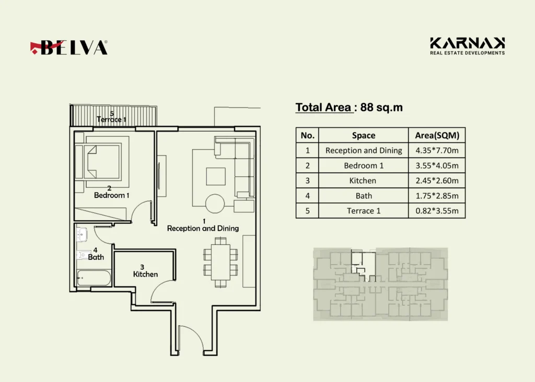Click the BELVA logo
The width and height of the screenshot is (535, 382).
click(x=68, y=47)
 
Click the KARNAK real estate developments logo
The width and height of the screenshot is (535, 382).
click(x=467, y=46)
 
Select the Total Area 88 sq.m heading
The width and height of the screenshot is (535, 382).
click(x=349, y=108)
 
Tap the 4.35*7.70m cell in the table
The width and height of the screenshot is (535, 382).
click(x=437, y=150)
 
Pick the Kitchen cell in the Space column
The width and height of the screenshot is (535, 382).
click(x=363, y=181)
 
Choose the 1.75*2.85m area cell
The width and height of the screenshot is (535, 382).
click(x=437, y=196)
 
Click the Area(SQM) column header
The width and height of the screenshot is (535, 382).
click(x=437, y=135)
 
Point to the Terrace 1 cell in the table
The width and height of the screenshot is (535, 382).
click(x=363, y=211)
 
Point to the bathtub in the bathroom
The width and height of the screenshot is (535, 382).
click(x=94, y=278)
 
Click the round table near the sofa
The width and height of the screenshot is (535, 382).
click(x=215, y=204)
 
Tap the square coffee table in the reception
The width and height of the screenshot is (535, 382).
click(x=216, y=176)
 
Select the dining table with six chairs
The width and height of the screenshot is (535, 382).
click(x=220, y=262)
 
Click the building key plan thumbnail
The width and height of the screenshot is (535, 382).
click(x=380, y=284)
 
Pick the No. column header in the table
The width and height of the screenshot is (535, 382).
click(x=307, y=135)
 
